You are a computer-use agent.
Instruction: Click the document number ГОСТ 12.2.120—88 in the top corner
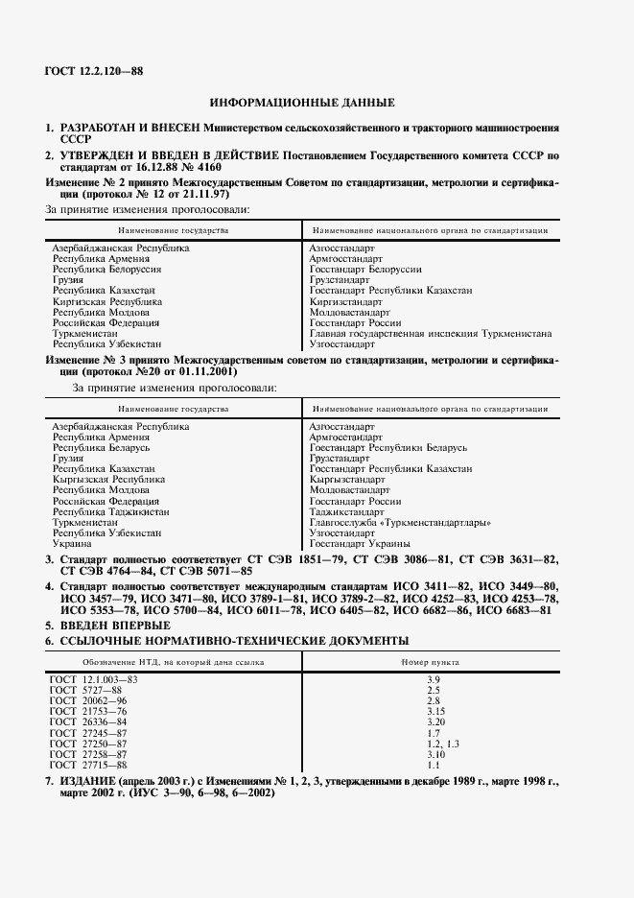(x=93, y=71)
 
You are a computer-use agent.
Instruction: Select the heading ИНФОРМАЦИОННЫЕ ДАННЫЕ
(x=302, y=102)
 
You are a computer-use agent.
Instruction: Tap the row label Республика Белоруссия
(x=107, y=270)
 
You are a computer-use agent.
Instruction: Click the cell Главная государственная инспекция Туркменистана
(x=431, y=333)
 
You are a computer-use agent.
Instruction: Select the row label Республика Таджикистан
(x=111, y=512)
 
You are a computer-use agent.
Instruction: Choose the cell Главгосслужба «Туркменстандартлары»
(x=401, y=522)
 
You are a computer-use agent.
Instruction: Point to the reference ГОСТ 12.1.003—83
(x=93, y=679)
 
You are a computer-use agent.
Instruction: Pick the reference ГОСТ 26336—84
(x=88, y=721)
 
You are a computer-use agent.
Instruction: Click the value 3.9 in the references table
(x=433, y=679)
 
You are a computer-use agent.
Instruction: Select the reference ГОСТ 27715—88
(x=88, y=765)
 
